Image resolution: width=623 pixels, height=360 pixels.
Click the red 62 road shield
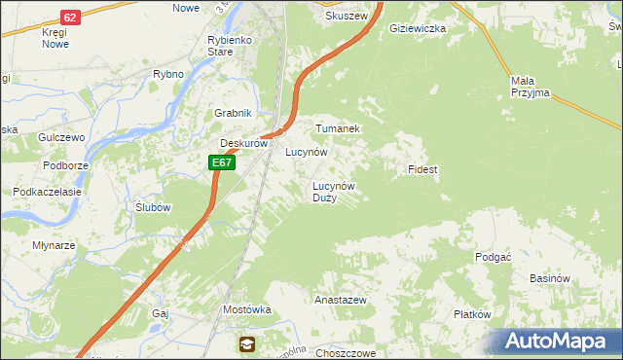tap(69, 18)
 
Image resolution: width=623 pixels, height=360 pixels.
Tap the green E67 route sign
tap(222, 162)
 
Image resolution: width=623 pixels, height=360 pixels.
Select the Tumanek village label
tap(338, 128)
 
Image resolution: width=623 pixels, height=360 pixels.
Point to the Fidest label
tap(422, 169)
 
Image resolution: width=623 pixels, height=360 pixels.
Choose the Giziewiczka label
tap(417, 29)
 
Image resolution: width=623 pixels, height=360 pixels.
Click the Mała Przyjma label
tap(530, 87)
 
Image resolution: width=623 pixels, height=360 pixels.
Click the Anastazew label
tap(340, 301)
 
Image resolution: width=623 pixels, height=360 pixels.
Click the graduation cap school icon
tap(247, 343)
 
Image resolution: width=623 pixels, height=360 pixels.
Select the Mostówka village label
tap(246, 309)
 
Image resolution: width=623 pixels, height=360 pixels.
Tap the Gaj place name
tap(161, 313)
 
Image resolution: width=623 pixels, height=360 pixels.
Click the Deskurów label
tap(243, 143)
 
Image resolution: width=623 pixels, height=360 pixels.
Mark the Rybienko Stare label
tap(230, 46)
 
